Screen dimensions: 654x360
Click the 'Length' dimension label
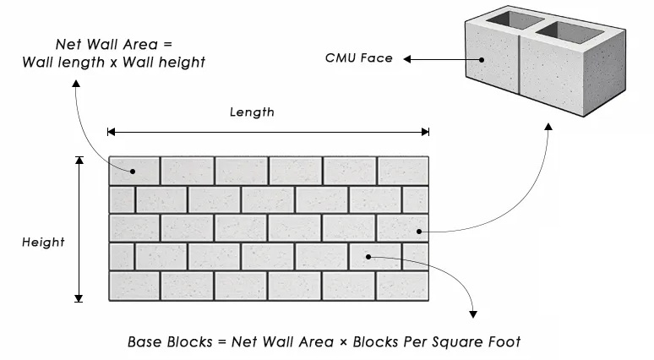(x=252, y=112)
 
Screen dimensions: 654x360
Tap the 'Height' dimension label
(x=43, y=243)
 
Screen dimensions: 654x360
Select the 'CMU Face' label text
(x=359, y=58)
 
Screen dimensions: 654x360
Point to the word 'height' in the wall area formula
(x=184, y=63)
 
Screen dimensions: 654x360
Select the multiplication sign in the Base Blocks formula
(x=343, y=342)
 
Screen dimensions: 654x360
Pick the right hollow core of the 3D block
(x=570, y=32)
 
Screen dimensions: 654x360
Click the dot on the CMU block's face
(x=482, y=60)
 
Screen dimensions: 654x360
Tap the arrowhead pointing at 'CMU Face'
(x=407, y=59)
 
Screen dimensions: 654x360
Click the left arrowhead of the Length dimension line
(x=111, y=132)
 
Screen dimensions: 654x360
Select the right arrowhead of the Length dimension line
(x=425, y=132)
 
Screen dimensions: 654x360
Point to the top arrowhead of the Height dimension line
(x=79, y=161)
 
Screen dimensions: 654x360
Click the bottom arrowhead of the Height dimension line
(x=79, y=298)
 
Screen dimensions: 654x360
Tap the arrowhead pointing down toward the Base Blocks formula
(x=473, y=314)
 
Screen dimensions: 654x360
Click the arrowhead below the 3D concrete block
(x=549, y=127)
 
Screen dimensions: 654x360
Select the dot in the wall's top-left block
(x=133, y=171)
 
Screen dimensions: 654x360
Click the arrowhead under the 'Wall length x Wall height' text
(x=76, y=84)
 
